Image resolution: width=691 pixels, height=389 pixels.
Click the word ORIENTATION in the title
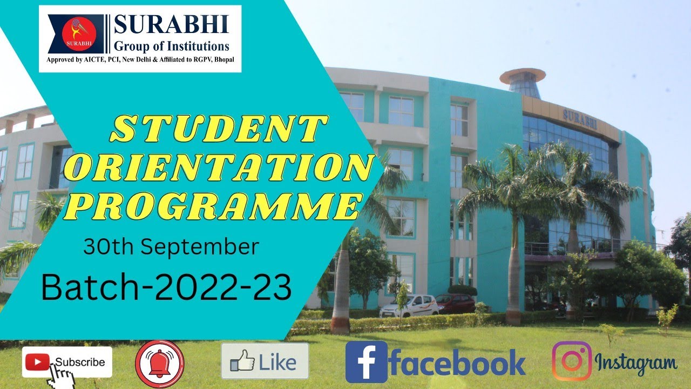pyautogui.click(x=218, y=169)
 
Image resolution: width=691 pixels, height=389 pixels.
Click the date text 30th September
pyautogui.click(x=171, y=247)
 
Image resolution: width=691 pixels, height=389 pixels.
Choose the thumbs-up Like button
pyautogui.click(x=265, y=361)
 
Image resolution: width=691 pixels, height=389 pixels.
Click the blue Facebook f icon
pyautogui.click(x=366, y=362)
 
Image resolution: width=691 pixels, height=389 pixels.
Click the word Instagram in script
pyautogui.click(x=635, y=363)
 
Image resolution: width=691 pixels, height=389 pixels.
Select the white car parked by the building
pyautogui.click(x=409, y=306)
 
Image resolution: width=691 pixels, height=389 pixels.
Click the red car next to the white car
pyautogui.click(x=455, y=304)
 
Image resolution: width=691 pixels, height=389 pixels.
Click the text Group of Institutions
pyautogui.click(x=172, y=46)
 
